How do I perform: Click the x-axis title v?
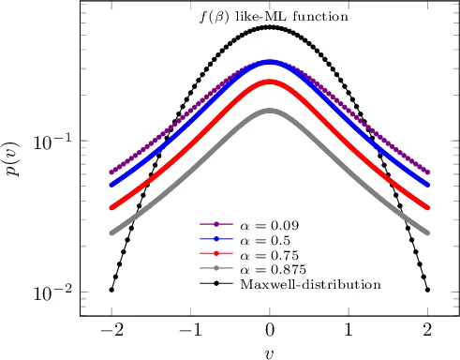point(270,351)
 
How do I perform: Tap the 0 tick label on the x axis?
point(270,330)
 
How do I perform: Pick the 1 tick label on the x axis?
point(349,330)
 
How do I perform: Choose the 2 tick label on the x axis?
point(428,330)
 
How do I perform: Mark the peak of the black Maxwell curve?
point(270,27)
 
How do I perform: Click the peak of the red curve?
point(270,82)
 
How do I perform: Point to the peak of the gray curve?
point(270,111)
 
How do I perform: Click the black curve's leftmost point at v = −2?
point(111,290)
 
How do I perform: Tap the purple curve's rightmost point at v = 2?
point(428,172)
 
